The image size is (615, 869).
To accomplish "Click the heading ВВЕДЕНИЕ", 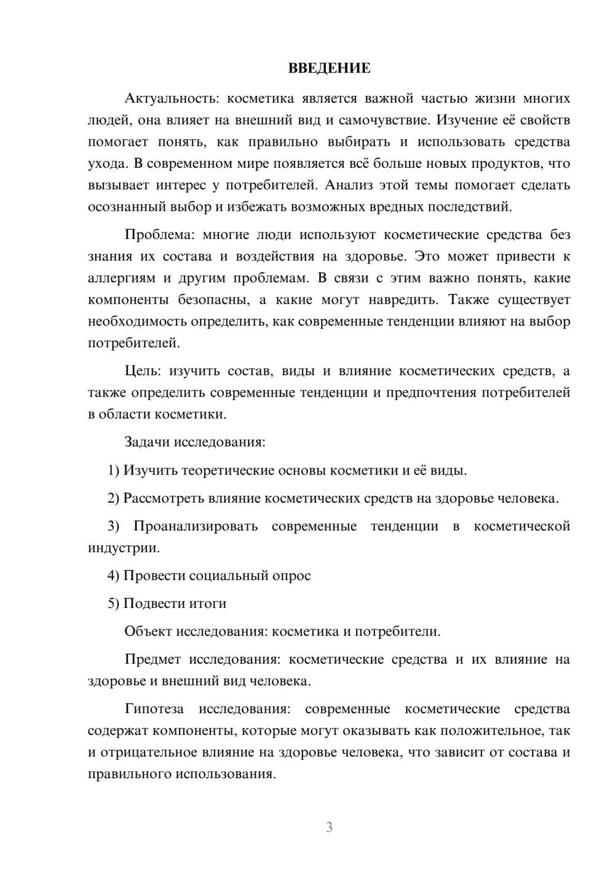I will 329,68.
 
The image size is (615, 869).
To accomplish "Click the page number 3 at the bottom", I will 329,827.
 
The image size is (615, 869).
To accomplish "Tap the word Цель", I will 141,371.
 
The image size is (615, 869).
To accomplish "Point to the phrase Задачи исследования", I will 194,442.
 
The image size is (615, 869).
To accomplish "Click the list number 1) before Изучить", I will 113,470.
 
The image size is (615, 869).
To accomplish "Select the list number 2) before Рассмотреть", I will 113,498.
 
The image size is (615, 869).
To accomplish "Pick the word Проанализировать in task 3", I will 195,526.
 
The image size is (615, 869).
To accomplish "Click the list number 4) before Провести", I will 113,575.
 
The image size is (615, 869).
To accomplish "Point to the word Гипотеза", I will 154,709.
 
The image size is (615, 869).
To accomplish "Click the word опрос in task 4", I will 292,575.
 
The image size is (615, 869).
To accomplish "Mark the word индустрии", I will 123,548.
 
